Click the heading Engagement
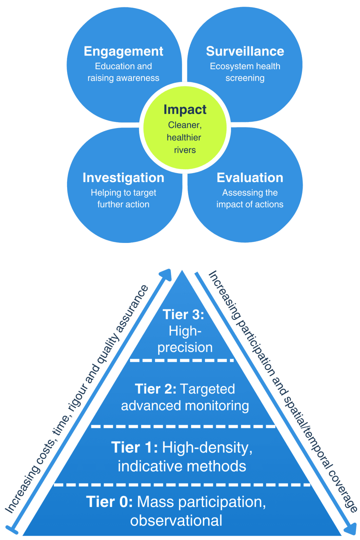(123, 52)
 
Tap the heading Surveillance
(245, 51)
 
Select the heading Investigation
(123, 178)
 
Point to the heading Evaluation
(250, 178)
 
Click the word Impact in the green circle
(185, 110)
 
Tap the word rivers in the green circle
(185, 150)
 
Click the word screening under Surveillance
(245, 78)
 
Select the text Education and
(123, 66)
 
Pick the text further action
(123, 204)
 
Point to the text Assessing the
(250, 193)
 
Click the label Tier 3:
(183, 315)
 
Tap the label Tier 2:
(156, 389)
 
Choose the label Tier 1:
(135, 448)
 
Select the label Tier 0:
(109, 502)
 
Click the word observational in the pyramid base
(176, 521)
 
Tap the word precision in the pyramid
(185, 347)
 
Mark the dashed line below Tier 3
(181, 360)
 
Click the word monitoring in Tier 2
(217, 406)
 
